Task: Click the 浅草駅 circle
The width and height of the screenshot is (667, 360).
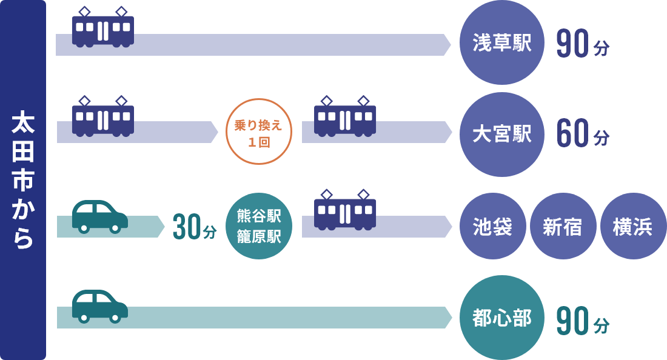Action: point(502,43)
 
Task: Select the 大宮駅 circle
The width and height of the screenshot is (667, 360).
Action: point(502,135)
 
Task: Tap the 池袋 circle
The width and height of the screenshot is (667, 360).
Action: point(492,226)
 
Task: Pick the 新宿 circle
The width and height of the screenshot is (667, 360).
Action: point(563,226)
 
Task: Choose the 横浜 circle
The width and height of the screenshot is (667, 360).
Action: point(633,226)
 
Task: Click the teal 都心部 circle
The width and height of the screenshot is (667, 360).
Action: point(502,318)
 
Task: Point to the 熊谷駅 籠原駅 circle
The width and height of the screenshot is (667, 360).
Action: point(259,226)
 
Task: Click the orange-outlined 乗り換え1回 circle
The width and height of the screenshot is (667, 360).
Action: point(259,132)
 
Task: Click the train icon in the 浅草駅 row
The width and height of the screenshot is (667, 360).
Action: point(103,28)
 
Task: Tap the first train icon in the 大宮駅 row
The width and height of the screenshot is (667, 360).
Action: point(103,118)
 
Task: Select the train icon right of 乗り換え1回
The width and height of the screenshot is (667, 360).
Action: point(345,118)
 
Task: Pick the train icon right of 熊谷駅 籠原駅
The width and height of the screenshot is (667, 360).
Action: point(345,212)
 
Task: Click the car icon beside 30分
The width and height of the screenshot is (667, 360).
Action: point(99,216)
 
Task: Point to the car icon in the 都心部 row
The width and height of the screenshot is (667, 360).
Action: point(99,306)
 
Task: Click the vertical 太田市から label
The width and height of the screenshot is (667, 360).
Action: point(23,180)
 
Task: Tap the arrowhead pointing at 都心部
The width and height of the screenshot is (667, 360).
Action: point(447,318)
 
